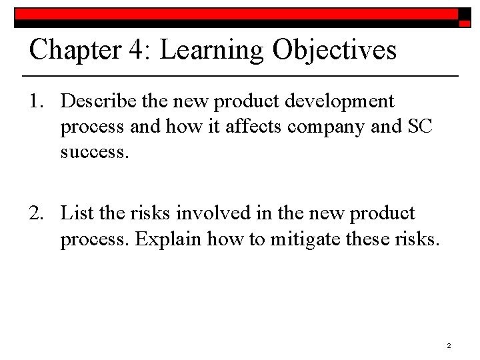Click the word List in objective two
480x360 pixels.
[74, 213]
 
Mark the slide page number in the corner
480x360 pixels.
[449, 346]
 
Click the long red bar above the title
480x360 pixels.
[237, 13]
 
